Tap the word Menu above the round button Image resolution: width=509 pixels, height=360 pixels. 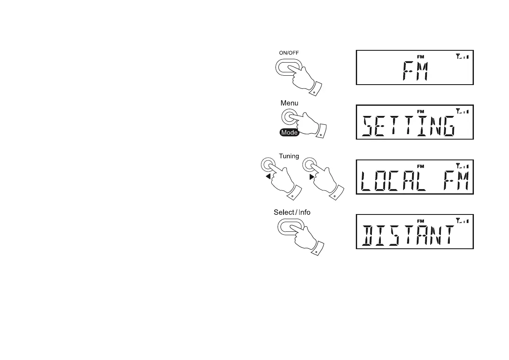click(x=289, y=103)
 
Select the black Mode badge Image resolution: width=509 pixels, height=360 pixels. click(x=289, y=132)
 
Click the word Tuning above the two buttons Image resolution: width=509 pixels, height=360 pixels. click(x=289, y=156)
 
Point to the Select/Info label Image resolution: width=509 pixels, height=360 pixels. click(x=292, y=212)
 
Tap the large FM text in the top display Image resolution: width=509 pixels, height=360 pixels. click(x=415, y=72)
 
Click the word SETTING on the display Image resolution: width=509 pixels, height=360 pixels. click(x=409, y=127)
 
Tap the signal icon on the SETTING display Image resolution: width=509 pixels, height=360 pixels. click(x=462, y=111)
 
